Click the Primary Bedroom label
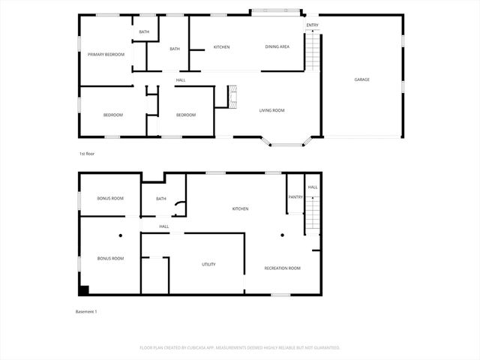pyautogui.click(x=106, y=55)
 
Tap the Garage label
pyautogui.click(x=362, y=79)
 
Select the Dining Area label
pyautogui.click(x=277, y=47)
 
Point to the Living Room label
pyautogui.click(x=271, y=110)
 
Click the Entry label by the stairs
pyautogui.click(x=312, y=25)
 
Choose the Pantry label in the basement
pyautogui.click(x=295, y=197)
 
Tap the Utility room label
pyautogui.click(x=208, y=265)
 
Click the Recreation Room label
pyautogui.click(x=283, y=268)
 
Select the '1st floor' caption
pyautogui.click(x=87, y=154)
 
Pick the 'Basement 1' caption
pyautogui.click(x=86, y=311)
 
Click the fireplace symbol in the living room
pyautogui.click(x=233, y=96)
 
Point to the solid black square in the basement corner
pyautogui.click(x=84, y=290)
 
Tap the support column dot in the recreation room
pyautogui.click(x=282, y=235)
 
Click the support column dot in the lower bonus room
pyautogui.click(x=120, y=235)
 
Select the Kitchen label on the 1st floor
pyautogui.click(x=221, y=47)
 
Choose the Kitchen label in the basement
pyautogui.click(x=240, y=208)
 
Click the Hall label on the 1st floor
pyautogui.click(x=181, y=80)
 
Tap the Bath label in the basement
pyautogui.click(x=160, y=199)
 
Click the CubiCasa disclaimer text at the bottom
pyautogui.click(x=240, y=348)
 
